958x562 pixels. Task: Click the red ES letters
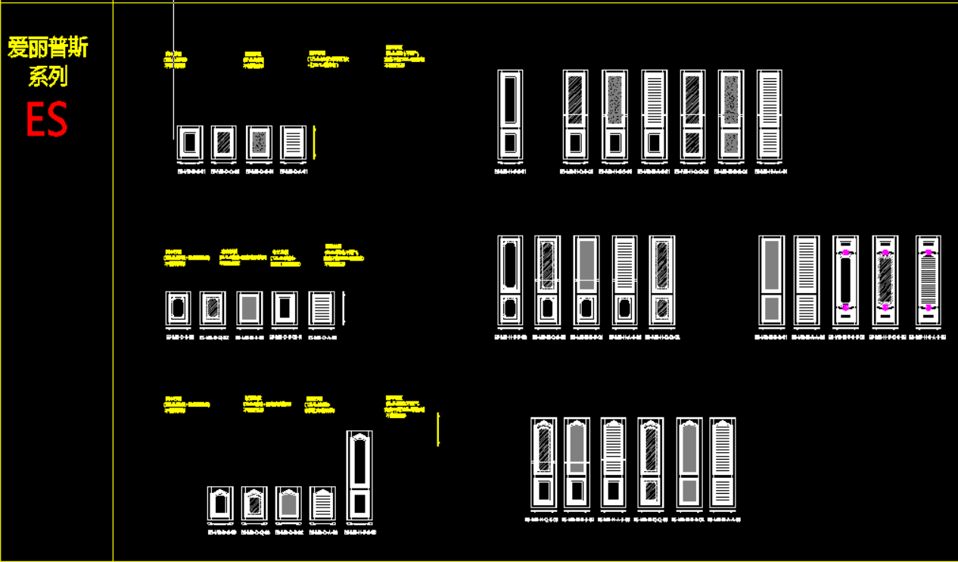tap(47, 119)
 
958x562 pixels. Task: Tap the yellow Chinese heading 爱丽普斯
tap(48, 48)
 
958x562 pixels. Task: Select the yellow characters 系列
tap(48, 76)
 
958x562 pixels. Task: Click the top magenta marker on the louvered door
tap(928, 252)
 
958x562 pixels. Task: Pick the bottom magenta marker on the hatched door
tap(885, 308)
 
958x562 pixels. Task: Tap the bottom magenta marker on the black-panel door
tap(845, 308)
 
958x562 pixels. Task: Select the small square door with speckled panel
tap(259, 142)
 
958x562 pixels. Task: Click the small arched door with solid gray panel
tap(288, 504)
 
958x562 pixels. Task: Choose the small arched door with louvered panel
tap(322, 504)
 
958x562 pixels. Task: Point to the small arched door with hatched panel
tap(254, 504)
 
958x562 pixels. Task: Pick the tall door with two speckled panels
tap(730, 115)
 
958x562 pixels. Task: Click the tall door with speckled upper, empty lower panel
tap(614, 115)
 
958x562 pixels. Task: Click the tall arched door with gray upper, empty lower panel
tap(577, 463)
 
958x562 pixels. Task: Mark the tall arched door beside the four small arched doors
tap(359, 476)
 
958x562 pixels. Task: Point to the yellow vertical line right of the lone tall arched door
tap(438, 429)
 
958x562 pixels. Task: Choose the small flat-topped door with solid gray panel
tap(249, 309)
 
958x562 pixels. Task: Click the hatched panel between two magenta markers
tap(885, 280)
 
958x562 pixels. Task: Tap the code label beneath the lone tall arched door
tap(359, 532)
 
